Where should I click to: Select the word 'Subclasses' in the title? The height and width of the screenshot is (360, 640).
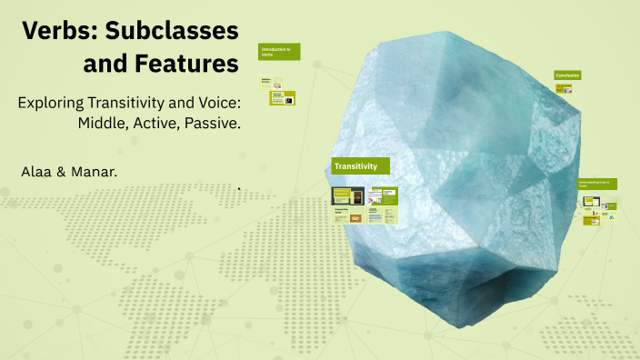(180, 32)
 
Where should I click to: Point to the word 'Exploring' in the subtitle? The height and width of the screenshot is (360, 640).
(52, 102)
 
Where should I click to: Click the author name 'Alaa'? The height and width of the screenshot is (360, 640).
(35, 171)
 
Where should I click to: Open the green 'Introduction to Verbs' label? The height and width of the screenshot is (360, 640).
(279, 52)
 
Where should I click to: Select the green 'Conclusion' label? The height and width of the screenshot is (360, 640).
(567, 75)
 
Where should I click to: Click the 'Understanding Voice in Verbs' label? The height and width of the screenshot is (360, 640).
(597, 184)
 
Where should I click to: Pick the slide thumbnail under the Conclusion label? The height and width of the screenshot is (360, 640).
(564, 89)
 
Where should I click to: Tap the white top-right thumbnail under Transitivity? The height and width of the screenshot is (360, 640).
(384, 195)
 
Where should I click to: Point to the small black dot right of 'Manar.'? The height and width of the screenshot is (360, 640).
(239, 189)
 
